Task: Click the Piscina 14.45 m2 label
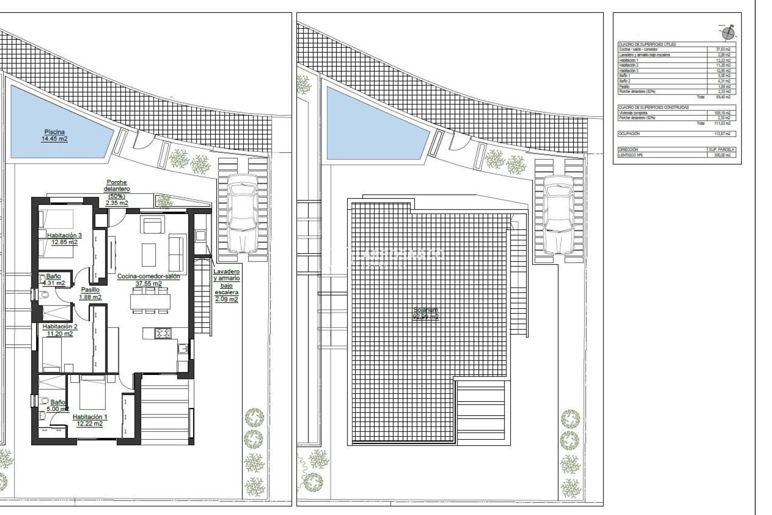(54, 135)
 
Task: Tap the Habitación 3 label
(64, 239)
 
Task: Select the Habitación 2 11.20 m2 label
(60, 330)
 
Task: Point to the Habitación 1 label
(90, 420)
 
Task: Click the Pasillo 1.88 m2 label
(90, 293)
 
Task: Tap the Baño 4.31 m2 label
(53, 279)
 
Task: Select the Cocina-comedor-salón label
(148, 280)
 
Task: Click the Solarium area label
(426, 313)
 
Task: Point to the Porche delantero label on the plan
(117, 192)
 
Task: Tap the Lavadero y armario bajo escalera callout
(226, 285)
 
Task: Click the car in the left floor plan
(242, 213)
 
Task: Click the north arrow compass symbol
(728, 33)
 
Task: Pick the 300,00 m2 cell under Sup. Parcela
(722, 155)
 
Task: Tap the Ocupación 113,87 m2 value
(722, 134)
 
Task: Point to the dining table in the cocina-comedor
(150, 301)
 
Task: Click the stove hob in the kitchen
(163, 333)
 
